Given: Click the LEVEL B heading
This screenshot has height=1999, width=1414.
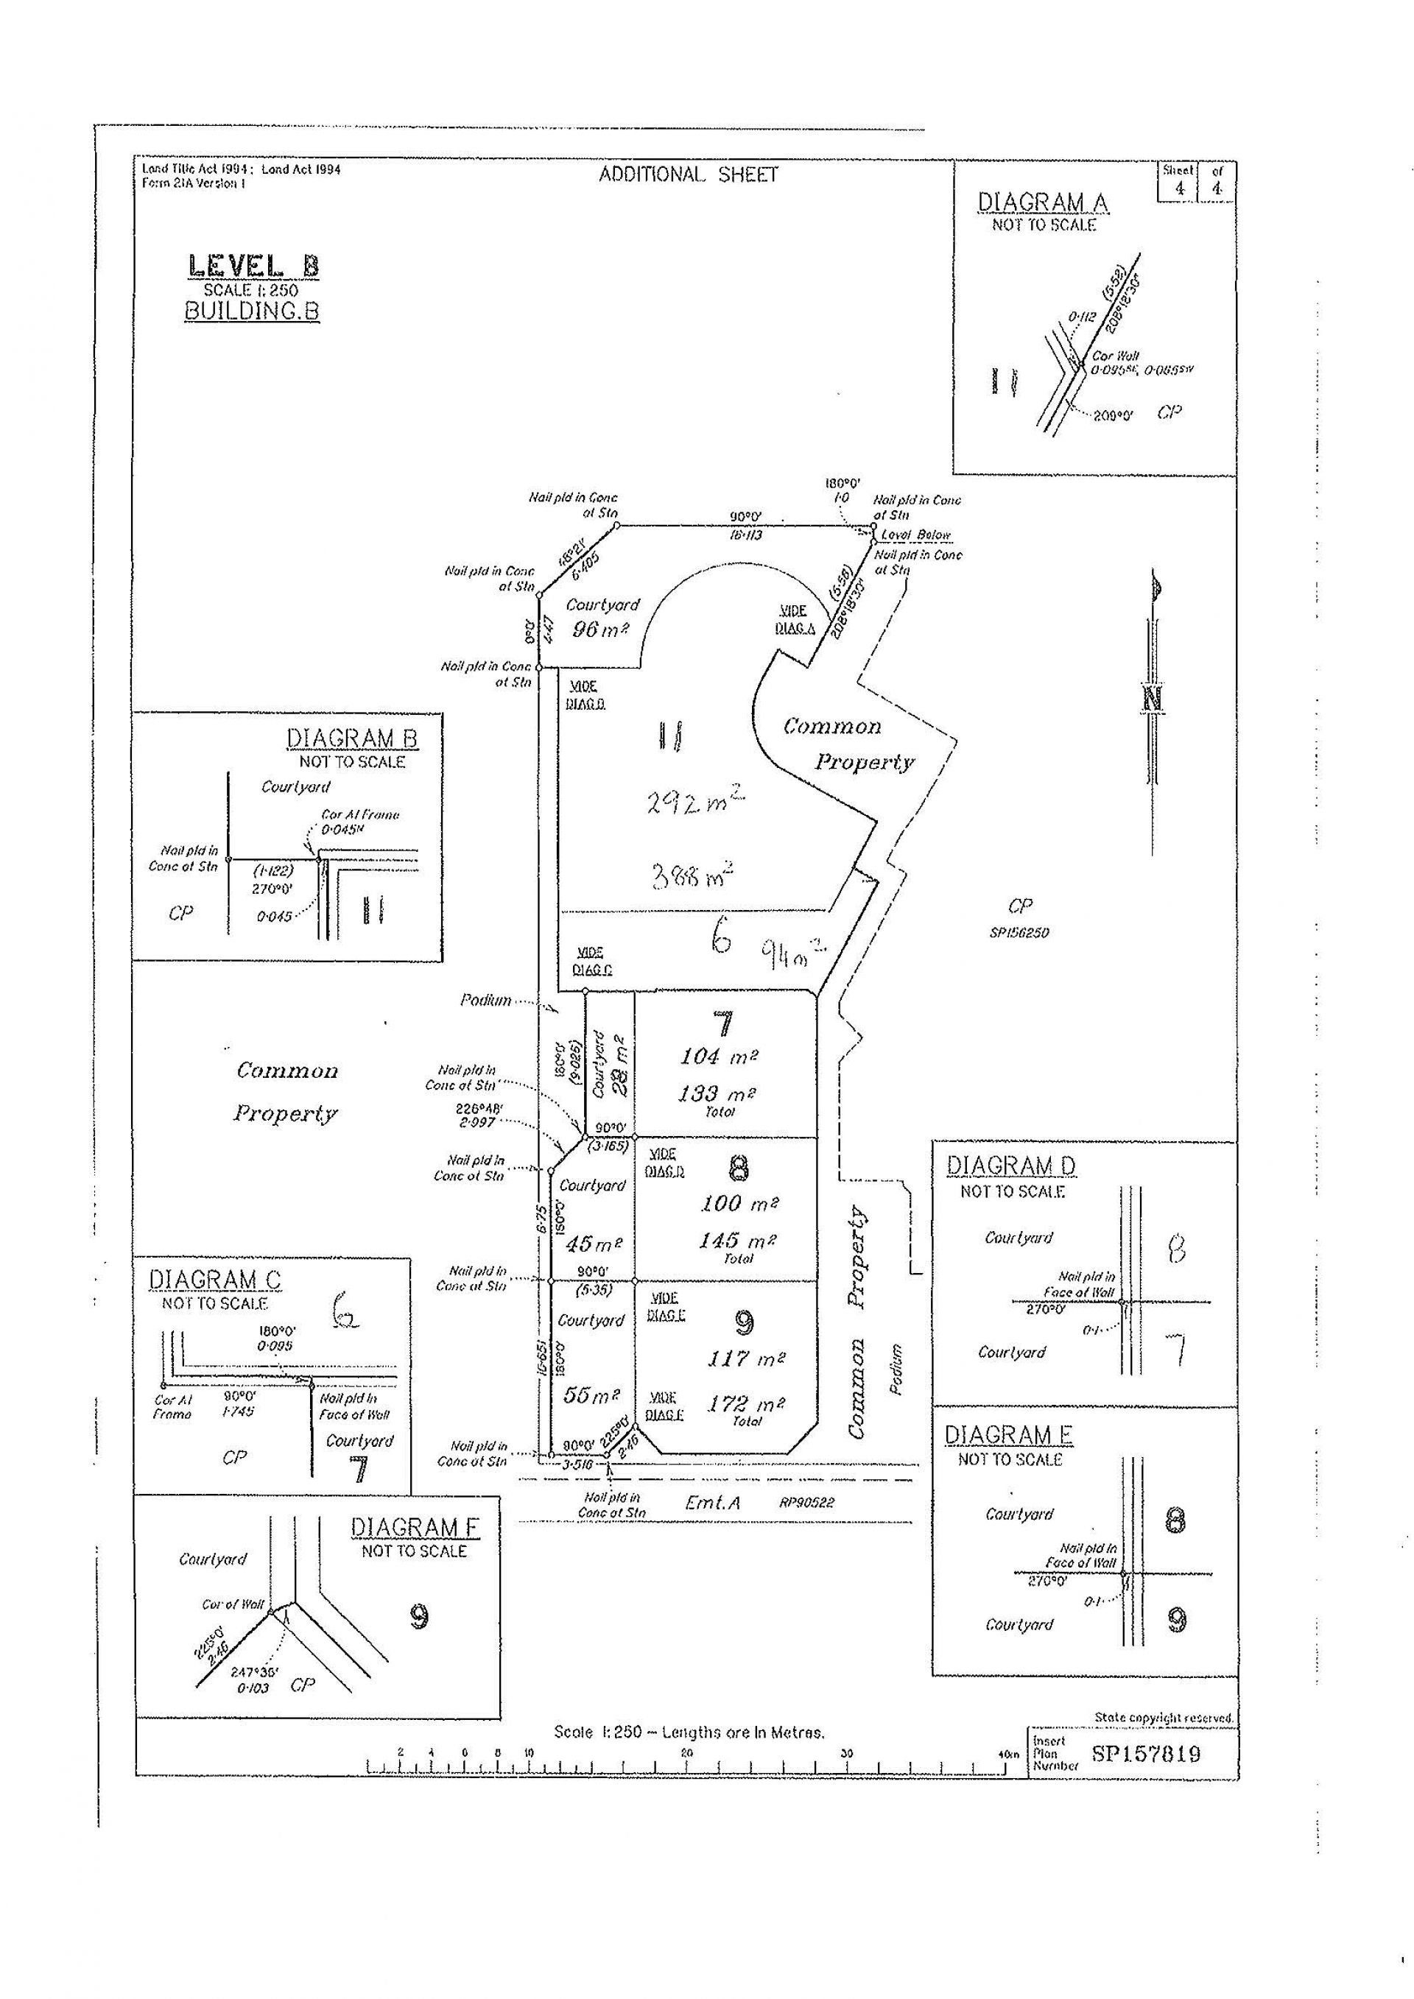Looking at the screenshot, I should pos(253,266).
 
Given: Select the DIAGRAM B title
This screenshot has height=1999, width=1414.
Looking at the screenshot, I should pos(352,738).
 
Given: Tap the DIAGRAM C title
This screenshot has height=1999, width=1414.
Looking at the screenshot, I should pos(214,1280).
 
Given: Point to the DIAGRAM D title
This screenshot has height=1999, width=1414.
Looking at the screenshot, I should pos(1010,1166).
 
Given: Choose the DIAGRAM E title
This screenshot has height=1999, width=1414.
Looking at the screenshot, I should pos(1008,1435).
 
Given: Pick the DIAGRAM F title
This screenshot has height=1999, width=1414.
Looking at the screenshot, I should pos(414,1527).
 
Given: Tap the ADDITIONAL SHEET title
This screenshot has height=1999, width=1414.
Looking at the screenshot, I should pos(688,175).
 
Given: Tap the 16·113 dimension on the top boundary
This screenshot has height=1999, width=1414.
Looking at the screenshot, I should pos(746,535).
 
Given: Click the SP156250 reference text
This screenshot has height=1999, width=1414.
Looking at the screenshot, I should pos(1019,932).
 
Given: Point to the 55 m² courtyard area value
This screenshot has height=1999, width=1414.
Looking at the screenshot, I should pos(591,1395).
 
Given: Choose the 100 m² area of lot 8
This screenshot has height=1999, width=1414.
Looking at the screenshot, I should pos(739,1203).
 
